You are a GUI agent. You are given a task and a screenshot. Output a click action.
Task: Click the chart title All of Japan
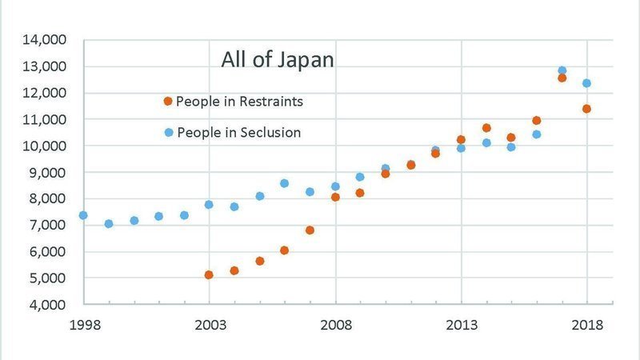click(x=278, y=60)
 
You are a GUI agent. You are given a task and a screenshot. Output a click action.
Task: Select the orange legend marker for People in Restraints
click(x=167, y=102)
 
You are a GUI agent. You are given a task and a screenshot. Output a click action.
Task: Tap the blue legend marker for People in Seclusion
click(x=168, y=133)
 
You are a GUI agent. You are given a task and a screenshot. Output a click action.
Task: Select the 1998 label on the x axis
click(x=83, y=326)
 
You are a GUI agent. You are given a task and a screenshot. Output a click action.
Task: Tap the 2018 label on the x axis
click(x=586, y=326)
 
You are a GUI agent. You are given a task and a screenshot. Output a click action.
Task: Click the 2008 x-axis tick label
click(x=335, y=326)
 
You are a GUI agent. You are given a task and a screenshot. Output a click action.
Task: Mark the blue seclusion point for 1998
click(x=83, y=215)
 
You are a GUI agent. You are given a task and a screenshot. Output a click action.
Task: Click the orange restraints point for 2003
click(x=209, y=274)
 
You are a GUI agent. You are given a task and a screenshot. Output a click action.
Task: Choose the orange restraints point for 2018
click(x=586, y=109)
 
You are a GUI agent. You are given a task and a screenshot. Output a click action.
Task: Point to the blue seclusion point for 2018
click(x=586, y=83)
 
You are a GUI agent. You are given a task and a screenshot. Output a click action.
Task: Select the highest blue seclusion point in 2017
click(x=562, y=70)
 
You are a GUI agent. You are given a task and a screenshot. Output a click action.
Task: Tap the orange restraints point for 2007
click(x=310, y=230)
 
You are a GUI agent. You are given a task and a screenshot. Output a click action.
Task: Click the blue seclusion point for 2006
click(x=284, y=183)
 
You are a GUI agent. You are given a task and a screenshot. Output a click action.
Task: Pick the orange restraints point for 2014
click(x=486, y=128)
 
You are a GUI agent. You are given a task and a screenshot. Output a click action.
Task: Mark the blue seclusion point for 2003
click(x=209, y=205)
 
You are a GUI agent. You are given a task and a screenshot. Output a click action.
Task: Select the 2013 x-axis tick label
click(x=461, y=326)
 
